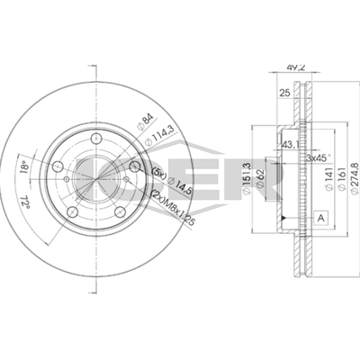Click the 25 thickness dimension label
click(x=283, y=94)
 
